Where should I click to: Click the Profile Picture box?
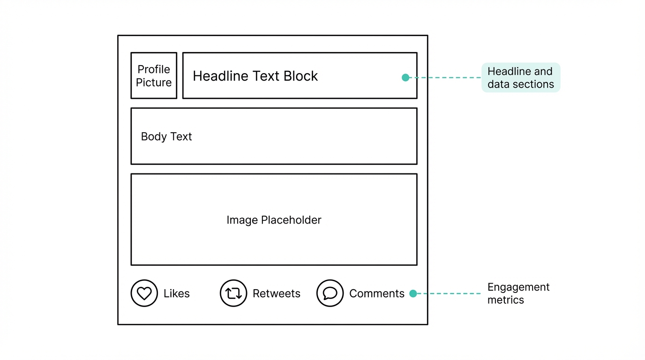tap(154, 75)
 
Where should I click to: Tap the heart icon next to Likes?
tap(144, 293)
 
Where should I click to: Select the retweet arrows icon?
tap(233, 293)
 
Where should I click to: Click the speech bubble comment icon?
tap(330, 293)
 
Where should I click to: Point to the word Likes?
tap(176, 294)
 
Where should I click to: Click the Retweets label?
tap(276, 294)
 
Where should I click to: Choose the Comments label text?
tap(376, 294)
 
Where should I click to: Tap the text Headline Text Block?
tap(255, 76)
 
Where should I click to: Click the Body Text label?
tap(166, 137)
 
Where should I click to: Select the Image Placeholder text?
tap(274, 220)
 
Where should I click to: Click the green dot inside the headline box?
tap(405, 78)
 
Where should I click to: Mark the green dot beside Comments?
tap(413, 293)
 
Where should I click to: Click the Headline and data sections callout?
tap(520, 78)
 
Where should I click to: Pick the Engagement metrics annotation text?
tap(518, 293)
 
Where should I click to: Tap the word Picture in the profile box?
tap(154, 82)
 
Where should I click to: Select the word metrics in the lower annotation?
tap(505, 300)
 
